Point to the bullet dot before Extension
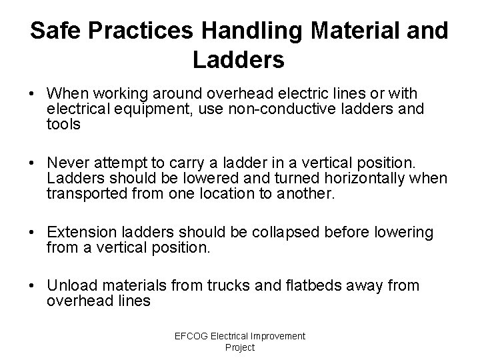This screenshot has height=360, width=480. (36, 233)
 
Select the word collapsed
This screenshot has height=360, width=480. (277, 233)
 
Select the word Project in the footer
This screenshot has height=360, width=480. (240, 347)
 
